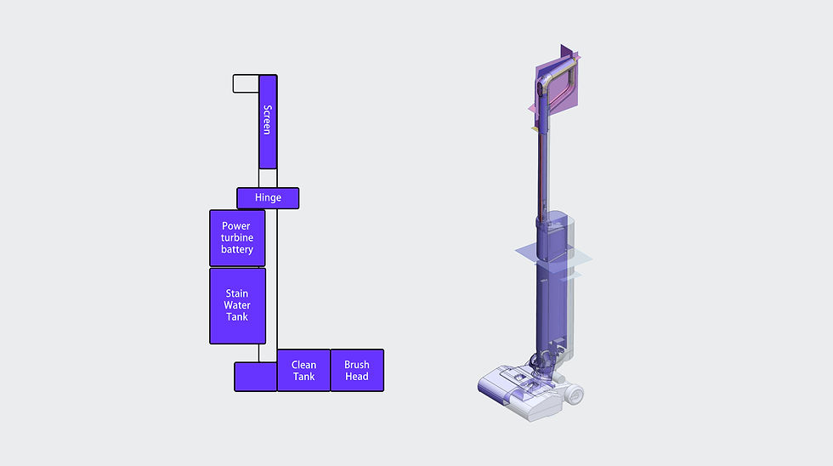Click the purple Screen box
click(268, 122)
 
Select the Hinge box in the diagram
click(268, 198)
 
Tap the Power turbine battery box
click(237, 238)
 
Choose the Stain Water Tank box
click(237, 306)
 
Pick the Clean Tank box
click(303, 371)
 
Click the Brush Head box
click(357, 371)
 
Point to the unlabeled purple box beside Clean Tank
click(255, 377)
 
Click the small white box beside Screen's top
click(246, 83)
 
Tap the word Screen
click(267, 120)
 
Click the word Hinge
click(268, 198)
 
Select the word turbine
click(237, 238)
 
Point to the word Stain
click(237, 294)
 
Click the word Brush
click(357, 365)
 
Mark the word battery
click(237, 250)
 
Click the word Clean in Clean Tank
click(303, 365)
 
